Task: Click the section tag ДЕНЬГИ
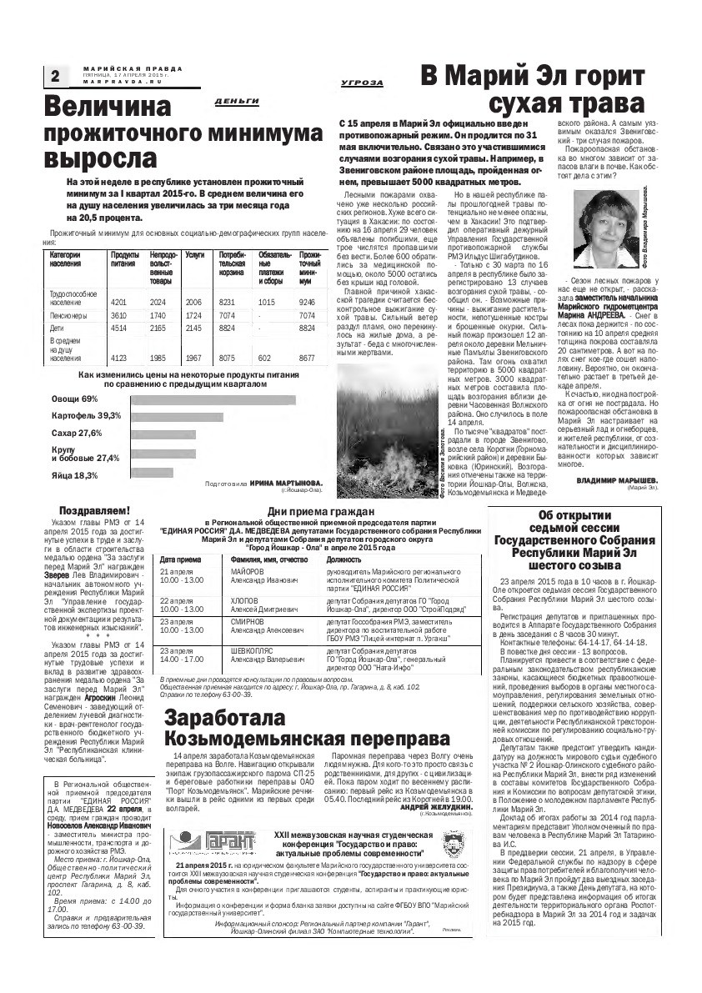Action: [x=236, y=101]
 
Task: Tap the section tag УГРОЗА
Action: [x=362, y=83]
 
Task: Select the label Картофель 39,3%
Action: [x=87, y=414]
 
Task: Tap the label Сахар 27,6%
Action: [x=77, y=433]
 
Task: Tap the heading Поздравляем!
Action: [x=94, y=509]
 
